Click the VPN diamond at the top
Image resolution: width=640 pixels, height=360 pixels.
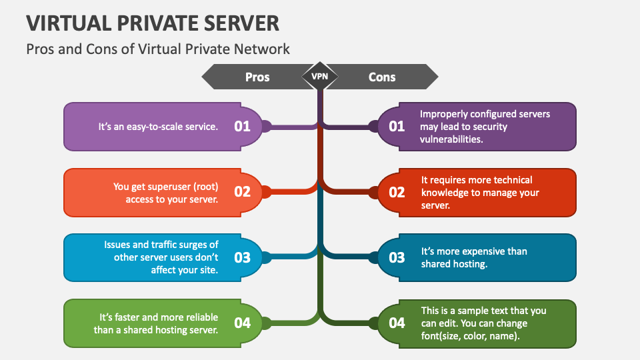pyautogui.click(x=320, y=77)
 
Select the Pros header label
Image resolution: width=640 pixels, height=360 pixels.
pyautogui.click(x=257, y=77)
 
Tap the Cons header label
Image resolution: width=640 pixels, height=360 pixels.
pyautogui.click(x=382, y=77)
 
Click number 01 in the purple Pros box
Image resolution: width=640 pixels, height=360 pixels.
pyautogui.click(x=242, y=126)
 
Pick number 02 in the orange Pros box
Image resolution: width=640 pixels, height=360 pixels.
pyautogui.click(x=242, y=192)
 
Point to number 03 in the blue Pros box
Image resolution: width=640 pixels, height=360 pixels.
pyautogui.click(x=242, y=257)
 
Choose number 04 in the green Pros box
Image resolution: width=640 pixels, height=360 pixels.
pyautogui.click(x=242, y=323)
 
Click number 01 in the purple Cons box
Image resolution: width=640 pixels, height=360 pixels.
pyautogui.click(x=397, y=126)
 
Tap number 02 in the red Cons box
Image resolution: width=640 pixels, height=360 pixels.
pyautogui.click(x=397, y=192)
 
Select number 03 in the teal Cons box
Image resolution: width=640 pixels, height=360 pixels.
pyautogui.click(x=397, y=257)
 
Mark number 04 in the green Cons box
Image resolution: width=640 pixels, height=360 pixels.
pyautogui.click(x=397, y=323)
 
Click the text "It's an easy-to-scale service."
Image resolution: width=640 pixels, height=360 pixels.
pyautogui.click(x=158, y=126)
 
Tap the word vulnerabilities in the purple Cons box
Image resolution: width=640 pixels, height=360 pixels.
pyautogui.click(x=451, y=139)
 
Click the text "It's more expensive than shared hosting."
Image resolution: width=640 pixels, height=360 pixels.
pyautogui.click(x=474, y=257)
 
